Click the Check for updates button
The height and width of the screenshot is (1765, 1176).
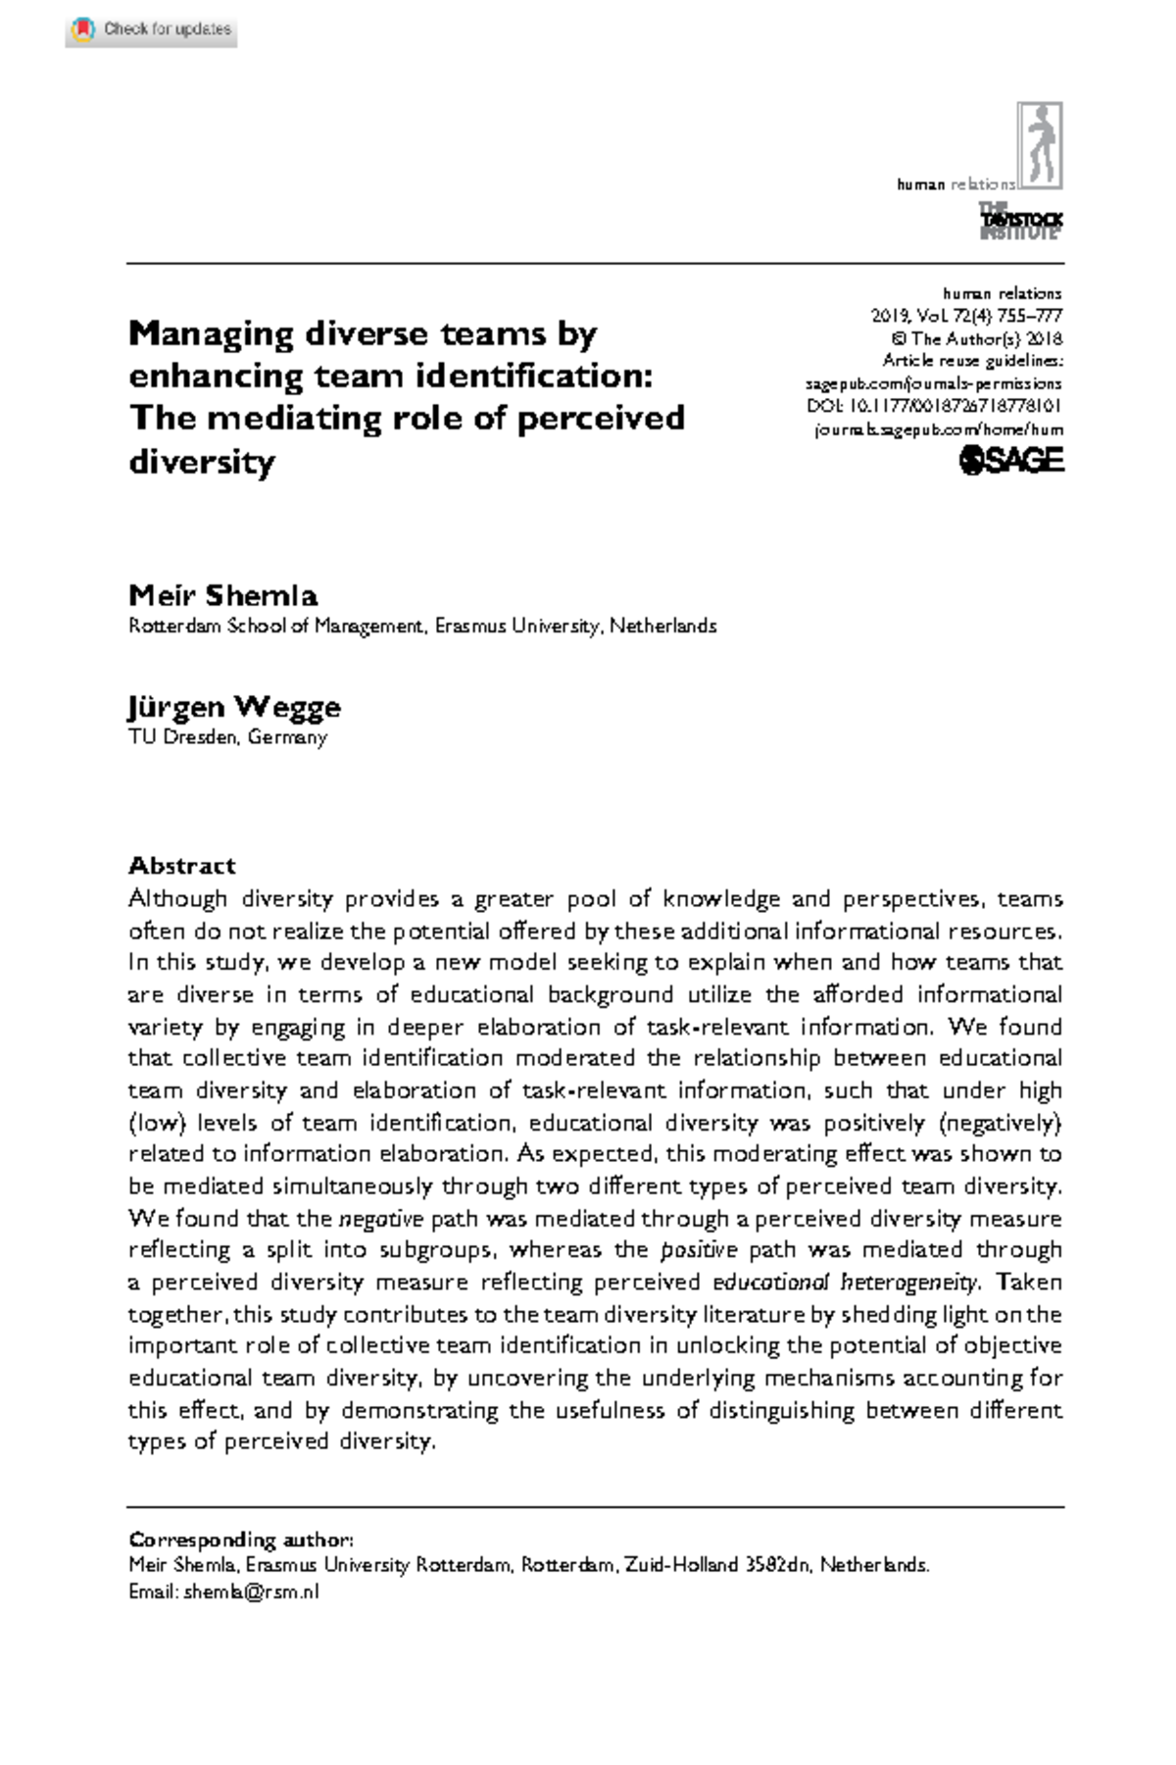(152, 29)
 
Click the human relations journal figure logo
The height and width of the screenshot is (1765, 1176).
(1040, 146)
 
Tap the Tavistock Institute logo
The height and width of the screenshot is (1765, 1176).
(1020, 222)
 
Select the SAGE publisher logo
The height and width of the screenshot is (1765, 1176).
(1011, 460)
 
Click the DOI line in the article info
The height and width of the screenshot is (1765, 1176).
(934, 406)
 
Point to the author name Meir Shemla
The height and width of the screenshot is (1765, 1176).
(223, 595)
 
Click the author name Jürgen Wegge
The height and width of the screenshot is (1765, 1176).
(234, 706)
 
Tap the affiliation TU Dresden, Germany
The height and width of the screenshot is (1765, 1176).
(227, 737)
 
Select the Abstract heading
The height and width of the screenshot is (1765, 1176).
(182, 865)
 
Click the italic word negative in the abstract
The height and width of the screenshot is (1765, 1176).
(380, 1219)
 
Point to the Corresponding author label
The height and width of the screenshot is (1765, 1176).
(241, 1539)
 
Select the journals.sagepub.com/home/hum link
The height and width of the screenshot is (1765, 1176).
(939, 429)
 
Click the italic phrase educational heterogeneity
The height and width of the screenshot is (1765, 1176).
(845, 1283)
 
